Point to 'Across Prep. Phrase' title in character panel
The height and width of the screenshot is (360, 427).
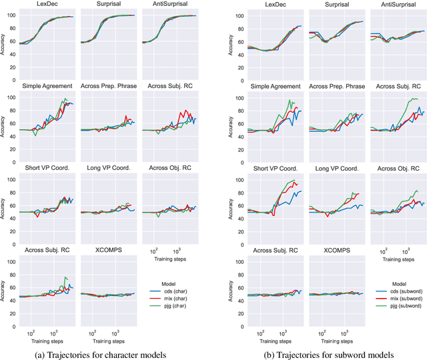109,86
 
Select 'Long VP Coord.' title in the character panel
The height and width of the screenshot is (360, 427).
109,167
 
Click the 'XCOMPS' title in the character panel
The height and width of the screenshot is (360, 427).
109,249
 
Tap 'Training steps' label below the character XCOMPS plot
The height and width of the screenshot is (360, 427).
109,339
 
